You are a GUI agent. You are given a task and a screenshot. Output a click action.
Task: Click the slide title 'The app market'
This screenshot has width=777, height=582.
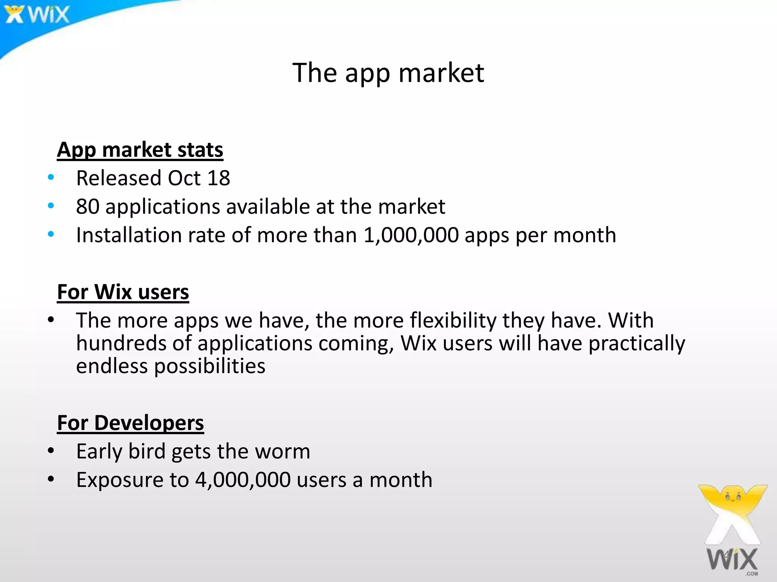click(x=388, y=73)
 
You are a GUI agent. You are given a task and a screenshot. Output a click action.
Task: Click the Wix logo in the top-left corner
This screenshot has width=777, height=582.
click(x=37, y=14)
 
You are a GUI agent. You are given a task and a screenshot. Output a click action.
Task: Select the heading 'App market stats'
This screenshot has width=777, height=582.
click(x=140, y=150)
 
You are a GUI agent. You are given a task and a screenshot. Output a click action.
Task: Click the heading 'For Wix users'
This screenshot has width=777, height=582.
click(x=123, y=292)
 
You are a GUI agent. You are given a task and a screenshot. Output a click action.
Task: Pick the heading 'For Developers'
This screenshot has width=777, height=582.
click(x=131, y=423)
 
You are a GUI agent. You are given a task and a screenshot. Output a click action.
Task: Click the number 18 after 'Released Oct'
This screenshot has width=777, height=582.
click(x=219, y=178)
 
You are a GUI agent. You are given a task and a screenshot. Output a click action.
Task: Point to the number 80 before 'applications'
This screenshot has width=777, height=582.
click(x=87, y=207)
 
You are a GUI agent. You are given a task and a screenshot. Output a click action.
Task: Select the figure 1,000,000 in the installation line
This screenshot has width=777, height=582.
click(x=411, y=235)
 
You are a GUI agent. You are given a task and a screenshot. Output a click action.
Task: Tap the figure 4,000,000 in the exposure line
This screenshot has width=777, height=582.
click(x=243, y=480)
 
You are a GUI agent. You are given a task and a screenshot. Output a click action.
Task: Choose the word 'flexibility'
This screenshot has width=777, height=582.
click(x=453, y=321)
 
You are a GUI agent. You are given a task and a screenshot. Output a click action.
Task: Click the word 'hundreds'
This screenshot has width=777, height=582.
click(x=121, y=343)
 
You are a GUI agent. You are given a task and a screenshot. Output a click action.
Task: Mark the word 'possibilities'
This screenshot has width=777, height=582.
click(x=209, y=366)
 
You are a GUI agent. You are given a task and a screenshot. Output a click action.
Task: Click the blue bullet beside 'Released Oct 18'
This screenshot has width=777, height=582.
click(x=51, y=177)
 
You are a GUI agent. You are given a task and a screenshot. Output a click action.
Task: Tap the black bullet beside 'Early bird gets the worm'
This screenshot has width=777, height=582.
click(x=51, y=451)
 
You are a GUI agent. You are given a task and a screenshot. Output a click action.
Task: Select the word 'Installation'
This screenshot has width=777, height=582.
click(x=129, y=235)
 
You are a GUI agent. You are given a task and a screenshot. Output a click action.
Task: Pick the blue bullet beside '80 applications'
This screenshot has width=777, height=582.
click(x=51, y=206)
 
